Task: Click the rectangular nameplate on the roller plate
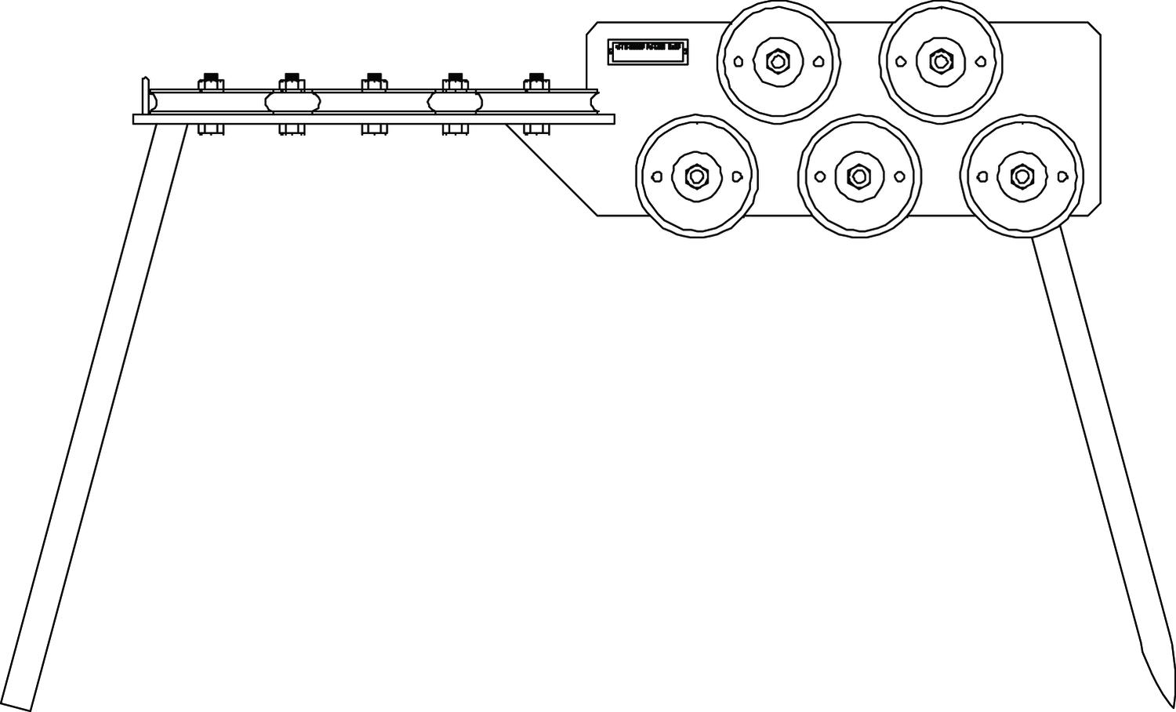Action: point(648,52)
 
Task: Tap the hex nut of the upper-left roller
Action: point(777,60)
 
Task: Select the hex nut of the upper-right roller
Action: point(939,60)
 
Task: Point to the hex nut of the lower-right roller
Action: point(1021,176)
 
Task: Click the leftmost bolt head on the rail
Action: point(210,79)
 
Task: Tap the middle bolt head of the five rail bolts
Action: point(374,79)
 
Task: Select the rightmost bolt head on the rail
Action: point(536,79)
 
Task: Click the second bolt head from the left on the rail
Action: point(291,79)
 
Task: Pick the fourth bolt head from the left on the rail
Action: point(455,79)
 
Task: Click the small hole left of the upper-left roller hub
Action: point(739,61)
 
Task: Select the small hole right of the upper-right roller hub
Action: point(980,61)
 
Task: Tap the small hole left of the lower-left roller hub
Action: point(657,177)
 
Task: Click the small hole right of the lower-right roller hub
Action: point(1062,177)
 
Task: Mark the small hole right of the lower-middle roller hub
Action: point(899,177)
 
